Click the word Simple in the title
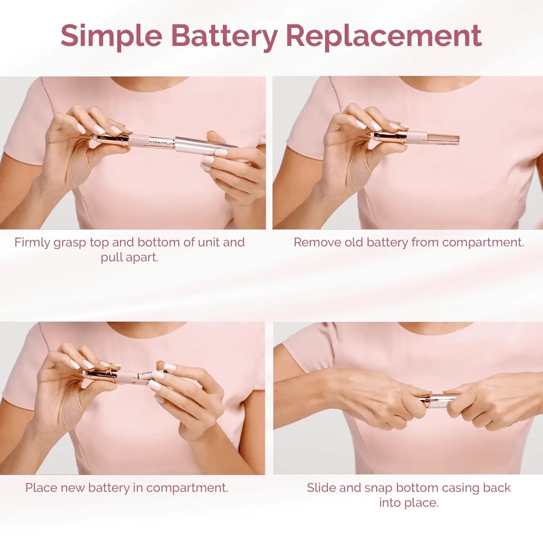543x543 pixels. click(x=111, y=36)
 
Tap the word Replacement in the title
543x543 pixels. click(x=384, y=36)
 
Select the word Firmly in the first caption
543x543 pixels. click(x=32, y=243)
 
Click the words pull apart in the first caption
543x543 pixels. click(x=130, y=257)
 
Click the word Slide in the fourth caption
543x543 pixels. click(x=321, y=488)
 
